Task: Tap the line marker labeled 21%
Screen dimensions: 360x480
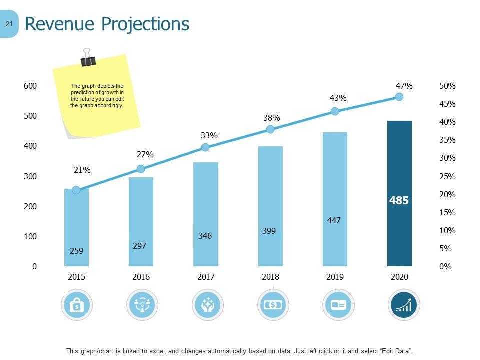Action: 76,190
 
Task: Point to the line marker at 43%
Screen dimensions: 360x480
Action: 335,111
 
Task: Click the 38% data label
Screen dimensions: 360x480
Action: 272,118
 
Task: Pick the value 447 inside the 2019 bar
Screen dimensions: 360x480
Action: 334,220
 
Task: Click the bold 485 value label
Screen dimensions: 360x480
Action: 399,201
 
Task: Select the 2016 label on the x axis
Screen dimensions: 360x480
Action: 141,277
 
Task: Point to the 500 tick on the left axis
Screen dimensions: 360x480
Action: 30,116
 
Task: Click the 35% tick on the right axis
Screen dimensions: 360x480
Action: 447,140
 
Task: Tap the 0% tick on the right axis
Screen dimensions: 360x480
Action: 445,267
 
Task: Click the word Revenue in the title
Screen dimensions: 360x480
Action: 59,24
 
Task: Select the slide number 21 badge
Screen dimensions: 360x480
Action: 9,23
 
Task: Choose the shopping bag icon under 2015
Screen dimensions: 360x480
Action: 76,305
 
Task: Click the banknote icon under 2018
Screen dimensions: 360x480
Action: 273,305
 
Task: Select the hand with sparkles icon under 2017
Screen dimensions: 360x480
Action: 207,305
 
